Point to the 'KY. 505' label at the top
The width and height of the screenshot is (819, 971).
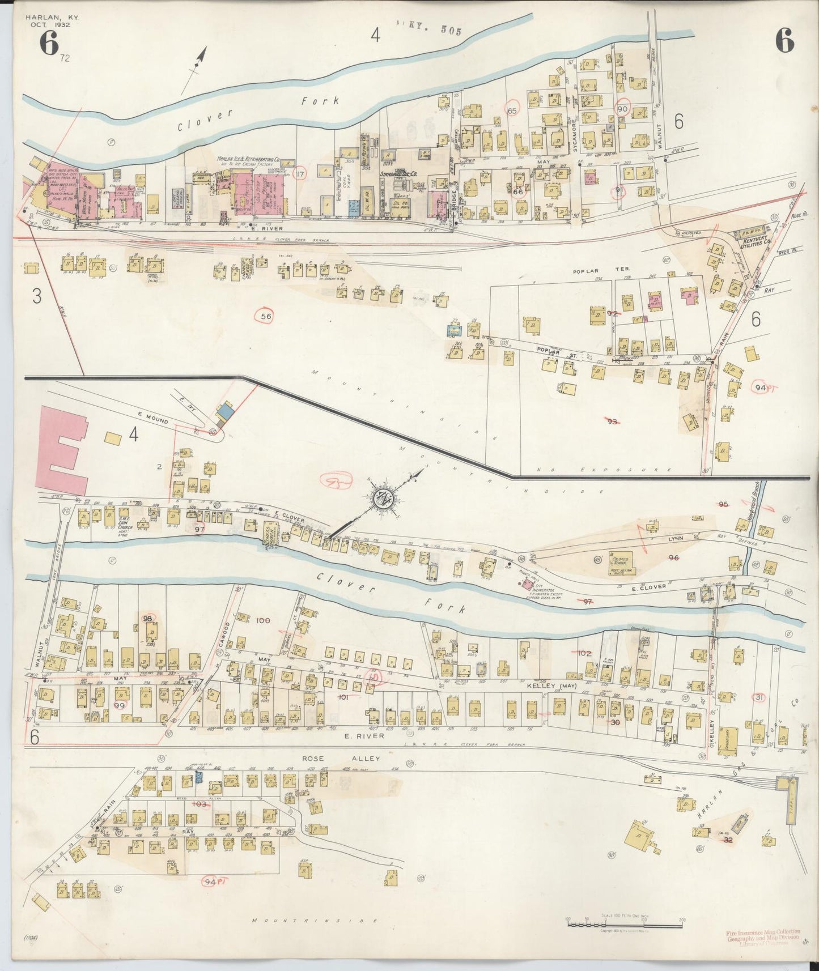coord(434,31)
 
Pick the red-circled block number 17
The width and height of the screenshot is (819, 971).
coord(300,173)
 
